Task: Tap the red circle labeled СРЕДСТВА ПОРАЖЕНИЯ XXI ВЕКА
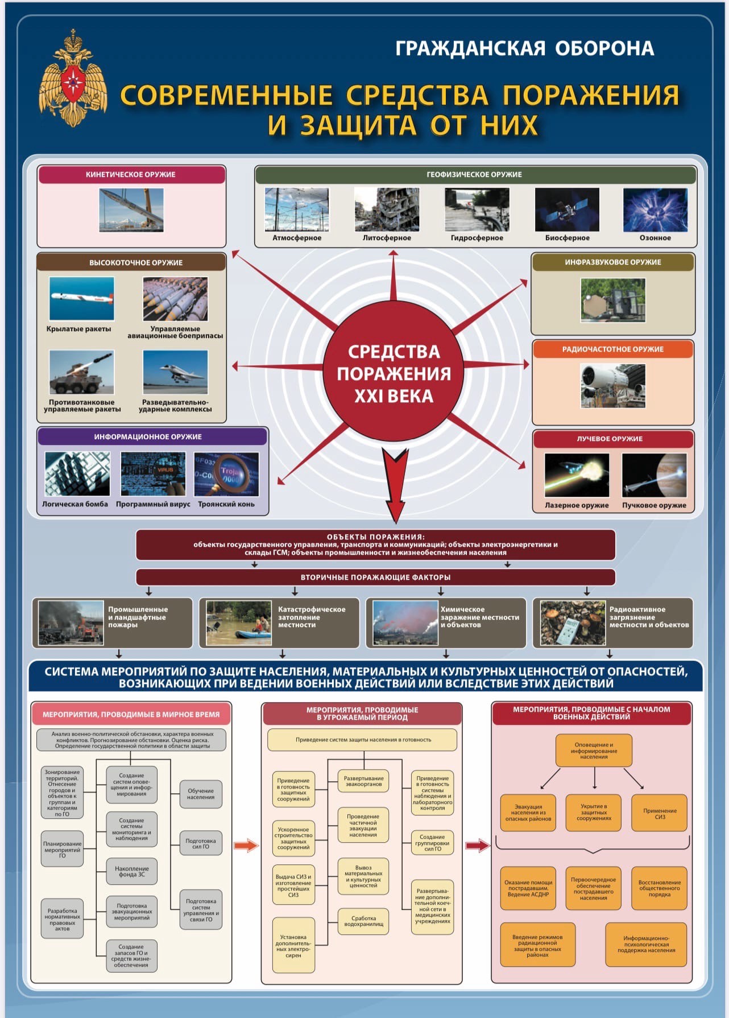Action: click(394, 373)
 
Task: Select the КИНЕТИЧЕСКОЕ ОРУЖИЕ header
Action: click(131, 175)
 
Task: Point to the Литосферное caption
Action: click(387, 238)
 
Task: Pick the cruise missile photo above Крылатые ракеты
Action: click(81, 299)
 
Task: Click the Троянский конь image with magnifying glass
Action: click(226, 475)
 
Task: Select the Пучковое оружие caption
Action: click(654, 505)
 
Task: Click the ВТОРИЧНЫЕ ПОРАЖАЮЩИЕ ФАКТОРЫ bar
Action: click(375, 577)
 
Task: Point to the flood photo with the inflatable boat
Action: click(239, 623)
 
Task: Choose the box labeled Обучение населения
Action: click(201, 794)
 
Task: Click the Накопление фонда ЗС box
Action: click(132, 871)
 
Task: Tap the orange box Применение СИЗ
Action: click(660, 813)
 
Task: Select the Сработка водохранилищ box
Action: click(363, 921)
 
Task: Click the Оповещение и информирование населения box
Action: click(594, 751)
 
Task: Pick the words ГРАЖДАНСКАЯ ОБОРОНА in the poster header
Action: click(524, 49)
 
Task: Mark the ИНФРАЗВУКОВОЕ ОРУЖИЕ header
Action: click(613, 262)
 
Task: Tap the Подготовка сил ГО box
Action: click(201, 844)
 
